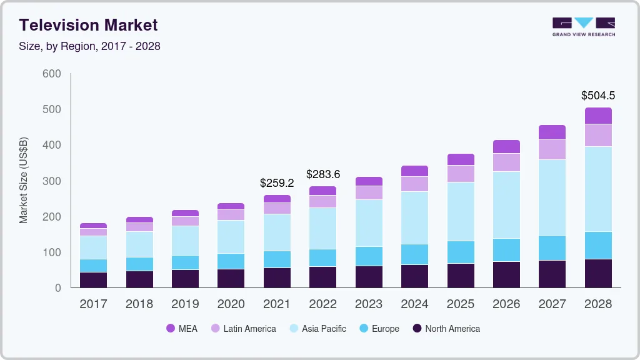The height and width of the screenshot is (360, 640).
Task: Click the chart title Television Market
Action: pyautogui.click(x=88, y=25)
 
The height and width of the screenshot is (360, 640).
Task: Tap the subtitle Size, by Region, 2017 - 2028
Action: pyautogui.click(x=89, y=46)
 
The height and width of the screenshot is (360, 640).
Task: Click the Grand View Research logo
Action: pyautogui.click(x=583, y=26)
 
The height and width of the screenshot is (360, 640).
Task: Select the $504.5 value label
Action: pyautogui.click(x=598, y=96)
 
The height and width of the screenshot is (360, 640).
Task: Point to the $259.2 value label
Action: pyautogui.click(x=277, y=184)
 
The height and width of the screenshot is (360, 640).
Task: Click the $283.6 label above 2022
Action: pyautogui.click(x=323, y=174)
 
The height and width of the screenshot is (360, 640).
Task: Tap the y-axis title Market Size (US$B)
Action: pyautogui.click(x=24, y=181)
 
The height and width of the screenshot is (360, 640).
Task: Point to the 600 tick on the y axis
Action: pyautogui.click(x=52, y=74)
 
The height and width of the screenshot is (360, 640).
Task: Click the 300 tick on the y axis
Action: pyautogui.click(x=52, y=181)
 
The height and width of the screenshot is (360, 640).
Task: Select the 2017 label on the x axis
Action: pyautogui.click(x=93, y=304)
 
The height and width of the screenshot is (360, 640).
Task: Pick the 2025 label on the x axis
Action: pyautogui.click(x=461, y=304)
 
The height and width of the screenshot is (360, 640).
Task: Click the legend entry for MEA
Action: pyautogui.click(x=181, y=328)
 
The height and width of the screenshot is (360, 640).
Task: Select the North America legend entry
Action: pyautogui.click(x=446, y=328)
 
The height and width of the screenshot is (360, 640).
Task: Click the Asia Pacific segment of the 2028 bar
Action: pyautogui.click(x=598, y=189)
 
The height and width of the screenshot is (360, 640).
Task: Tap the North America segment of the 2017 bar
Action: pyautogui.click(x=93, y=280)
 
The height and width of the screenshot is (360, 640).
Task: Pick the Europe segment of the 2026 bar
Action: pyautogui.click(x=506, y=250)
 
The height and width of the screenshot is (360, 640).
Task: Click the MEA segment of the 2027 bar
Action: pyautogui.click(x=552, y=132)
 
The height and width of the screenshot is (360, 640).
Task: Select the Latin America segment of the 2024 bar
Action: pyautogui.click(x=415, y=184)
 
